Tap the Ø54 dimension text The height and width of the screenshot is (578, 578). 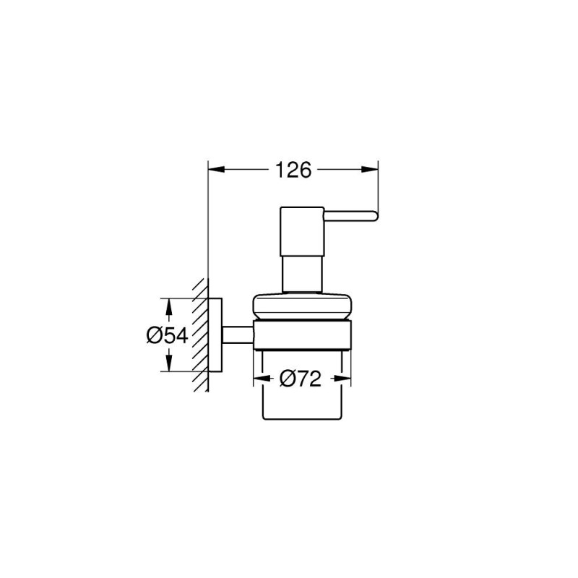pyautogui.click(x=167, y=335)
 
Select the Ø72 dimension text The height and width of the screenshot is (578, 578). pyautogui.click(x=300, y=378)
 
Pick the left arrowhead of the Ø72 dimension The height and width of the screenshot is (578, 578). pyautogui.click(x=258, y=378)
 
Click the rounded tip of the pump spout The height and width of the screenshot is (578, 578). pyautogui.click(x=374, y=214)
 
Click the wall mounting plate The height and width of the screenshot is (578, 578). pyautogui.click(x=215, y=335)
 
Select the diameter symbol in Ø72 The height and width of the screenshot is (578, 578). pyautogui.click(x=287, y=378)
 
